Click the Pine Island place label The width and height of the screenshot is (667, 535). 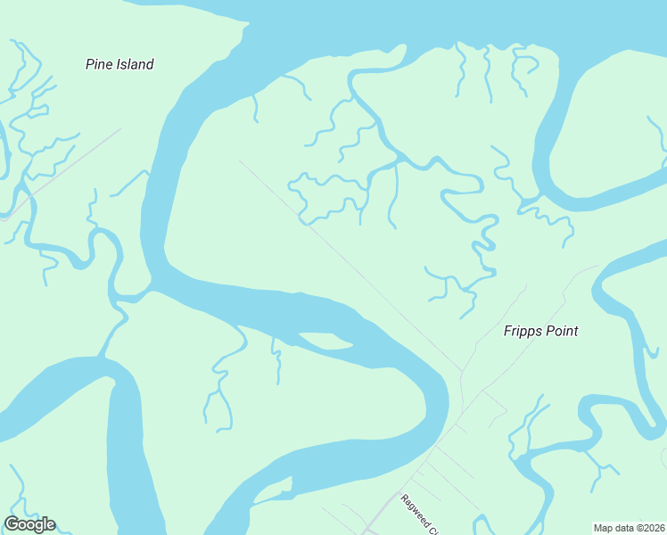(x=119, y=64)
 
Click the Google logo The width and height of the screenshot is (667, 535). (x=29, y=524)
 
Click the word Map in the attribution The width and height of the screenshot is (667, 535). (x=604, y=528)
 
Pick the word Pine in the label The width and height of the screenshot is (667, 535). (x=99, y=64)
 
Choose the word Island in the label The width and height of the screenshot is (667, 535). (x=134, y=64)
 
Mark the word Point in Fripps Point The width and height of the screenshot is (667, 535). (x=560, y=331)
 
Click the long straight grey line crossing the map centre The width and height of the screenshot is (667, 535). (x=357, y=267)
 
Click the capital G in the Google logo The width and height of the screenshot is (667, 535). (x=12, y=524)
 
